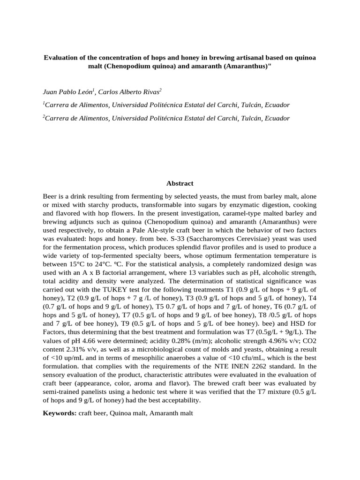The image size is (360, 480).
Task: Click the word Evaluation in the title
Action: [x=60, y=58]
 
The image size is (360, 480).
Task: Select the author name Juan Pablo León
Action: [x=67, y=91]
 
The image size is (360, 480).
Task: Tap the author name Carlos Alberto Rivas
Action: [x=130, y=91]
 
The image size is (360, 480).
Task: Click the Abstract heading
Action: [x=180, y=183]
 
